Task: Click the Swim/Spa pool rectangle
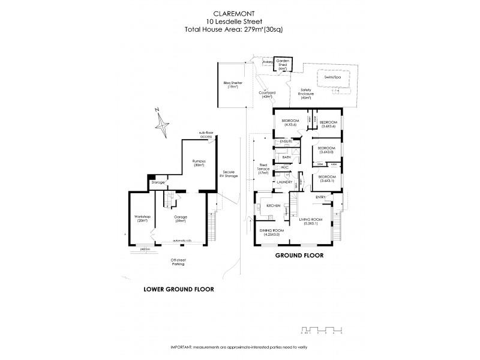[329, 77]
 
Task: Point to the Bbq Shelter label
[232, 85]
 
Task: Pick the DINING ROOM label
[271, 232]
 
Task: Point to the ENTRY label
[320, 197]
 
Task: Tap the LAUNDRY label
[283, 182]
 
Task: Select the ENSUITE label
[285, 141]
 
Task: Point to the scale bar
[321, 329]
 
